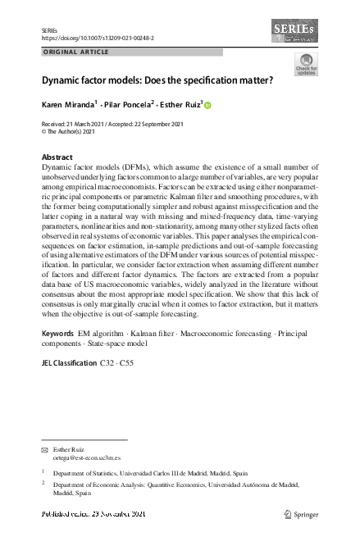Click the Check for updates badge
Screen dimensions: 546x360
tap(305, 66)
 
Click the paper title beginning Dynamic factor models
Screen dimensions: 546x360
tap(157, 83)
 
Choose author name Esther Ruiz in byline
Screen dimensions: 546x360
tap(185, 105)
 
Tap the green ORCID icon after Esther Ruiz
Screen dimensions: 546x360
tap(207, 106)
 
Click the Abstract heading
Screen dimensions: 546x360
tap(57, 156)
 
